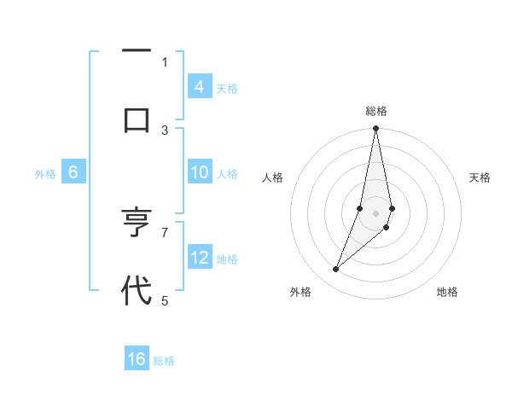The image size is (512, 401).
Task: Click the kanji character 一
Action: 137,51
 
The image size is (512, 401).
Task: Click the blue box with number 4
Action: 199,86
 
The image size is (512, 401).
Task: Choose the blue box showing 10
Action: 199,172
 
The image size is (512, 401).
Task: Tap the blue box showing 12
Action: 199,258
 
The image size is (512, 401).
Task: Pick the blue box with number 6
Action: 73,172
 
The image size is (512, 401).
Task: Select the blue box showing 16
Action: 137,359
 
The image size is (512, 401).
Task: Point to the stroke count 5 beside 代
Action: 165,300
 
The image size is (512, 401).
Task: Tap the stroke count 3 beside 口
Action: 165,130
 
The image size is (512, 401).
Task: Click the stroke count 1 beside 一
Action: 165,61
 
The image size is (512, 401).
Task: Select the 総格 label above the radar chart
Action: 376,111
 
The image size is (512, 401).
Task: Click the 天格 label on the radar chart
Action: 480,177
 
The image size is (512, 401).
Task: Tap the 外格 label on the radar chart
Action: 300,292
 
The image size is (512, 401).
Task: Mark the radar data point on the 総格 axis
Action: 375,129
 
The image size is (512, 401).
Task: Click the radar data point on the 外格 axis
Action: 335,270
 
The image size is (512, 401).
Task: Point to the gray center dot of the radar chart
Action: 375,212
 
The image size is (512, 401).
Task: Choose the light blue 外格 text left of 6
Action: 45,173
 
